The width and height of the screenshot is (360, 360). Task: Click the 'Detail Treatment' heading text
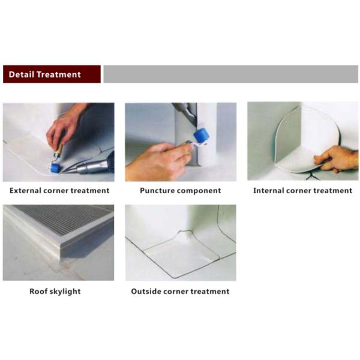[44, 74]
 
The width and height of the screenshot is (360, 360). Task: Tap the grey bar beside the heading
[230, 74]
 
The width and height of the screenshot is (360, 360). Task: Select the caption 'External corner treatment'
[59, 191]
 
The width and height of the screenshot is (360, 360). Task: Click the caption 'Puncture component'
[180, 191]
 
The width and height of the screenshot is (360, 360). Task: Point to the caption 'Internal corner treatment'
[302, 191]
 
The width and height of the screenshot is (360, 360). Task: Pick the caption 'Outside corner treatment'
[180, 292]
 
